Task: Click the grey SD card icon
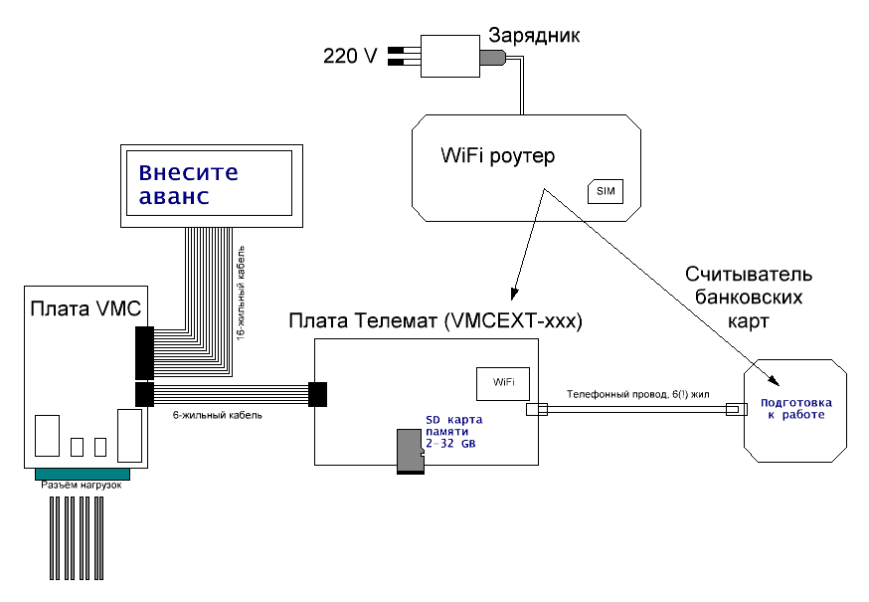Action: (x=408, y=452)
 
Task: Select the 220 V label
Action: (x=350, y=56)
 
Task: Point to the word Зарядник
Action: (x=532, y=36)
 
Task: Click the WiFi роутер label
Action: (x=497, y=157)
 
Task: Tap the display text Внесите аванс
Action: (x=189, y=184)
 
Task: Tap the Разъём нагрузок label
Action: (x=81, y=485)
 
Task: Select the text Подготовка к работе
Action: (x=793, y=408)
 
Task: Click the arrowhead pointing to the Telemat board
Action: (x=514, y=294)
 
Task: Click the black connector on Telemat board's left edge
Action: (x=318, y=394)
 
